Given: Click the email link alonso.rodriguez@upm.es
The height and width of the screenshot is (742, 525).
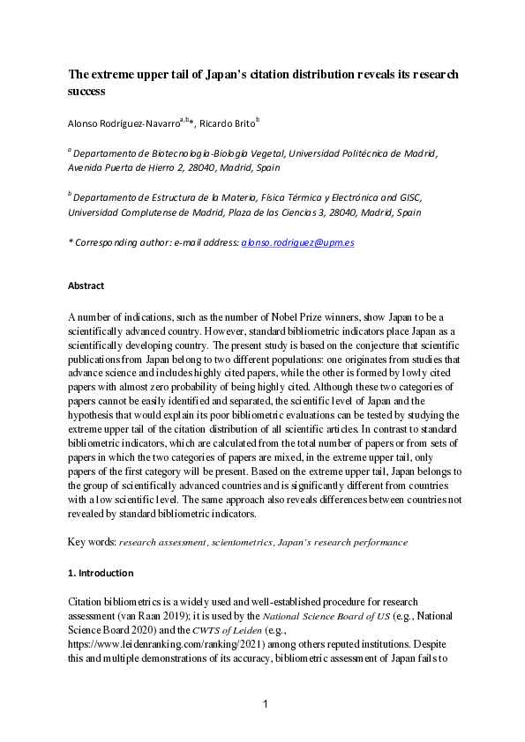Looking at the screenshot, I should [x=297, y=241].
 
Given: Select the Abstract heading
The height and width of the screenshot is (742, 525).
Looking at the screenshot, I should [x=86, y=286].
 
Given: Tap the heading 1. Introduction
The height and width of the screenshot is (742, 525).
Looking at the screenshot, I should [x=101, y=573].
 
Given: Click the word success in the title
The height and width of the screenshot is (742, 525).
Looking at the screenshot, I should [x=86, y=91].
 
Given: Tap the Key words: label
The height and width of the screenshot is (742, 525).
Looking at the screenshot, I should [x=91, y=542].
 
